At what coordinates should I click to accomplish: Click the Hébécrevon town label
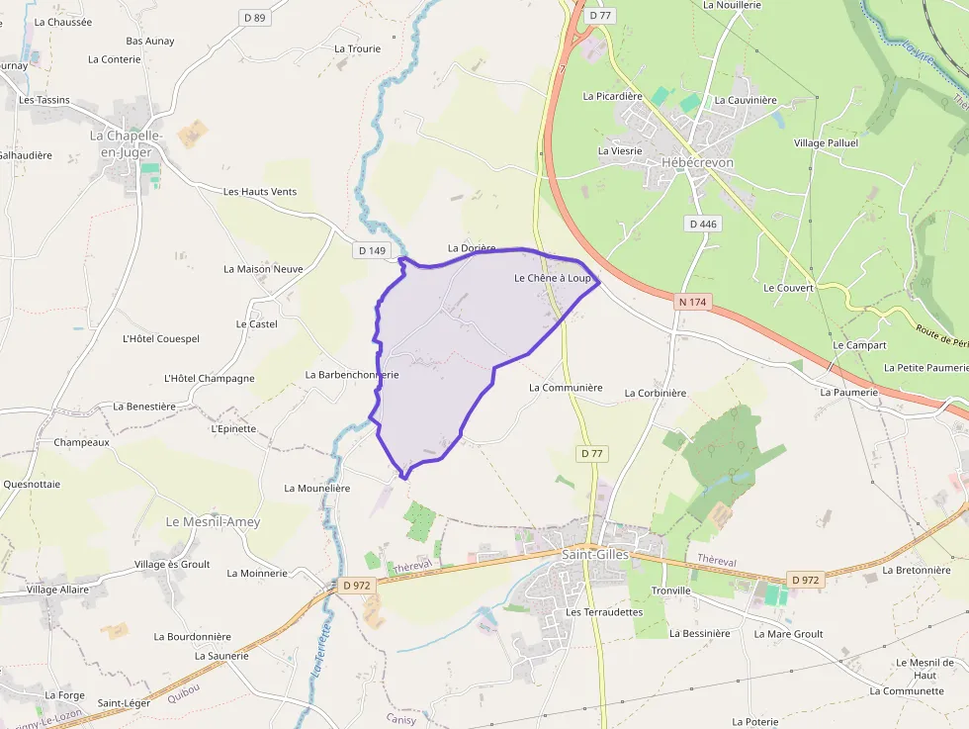tap(699, 161)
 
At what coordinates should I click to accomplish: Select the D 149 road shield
tap(372, 250)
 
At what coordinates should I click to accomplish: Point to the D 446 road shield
tap(703, 224)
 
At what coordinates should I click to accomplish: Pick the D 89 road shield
tap(255, 18)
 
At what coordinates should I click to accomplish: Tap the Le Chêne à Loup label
tap(552, 279)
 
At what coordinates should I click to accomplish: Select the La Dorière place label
tap(472, 248)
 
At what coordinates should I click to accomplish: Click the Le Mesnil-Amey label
tap(213, 521)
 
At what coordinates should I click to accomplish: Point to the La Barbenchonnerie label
tap(351, 375)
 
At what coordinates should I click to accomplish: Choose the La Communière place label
tap(566, 388)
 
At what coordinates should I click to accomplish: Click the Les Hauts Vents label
tap(260, 192)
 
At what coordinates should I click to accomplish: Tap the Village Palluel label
tap(826, 142)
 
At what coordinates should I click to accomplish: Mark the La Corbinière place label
tap(655, 393)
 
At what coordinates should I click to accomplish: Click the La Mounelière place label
tap(317, 488)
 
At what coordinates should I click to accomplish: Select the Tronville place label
tap(670, 591)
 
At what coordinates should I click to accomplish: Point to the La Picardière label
tap(613, 96)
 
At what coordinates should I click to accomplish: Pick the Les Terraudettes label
tap(604, 612)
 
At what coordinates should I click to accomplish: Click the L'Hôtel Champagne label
tap(210, 378)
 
